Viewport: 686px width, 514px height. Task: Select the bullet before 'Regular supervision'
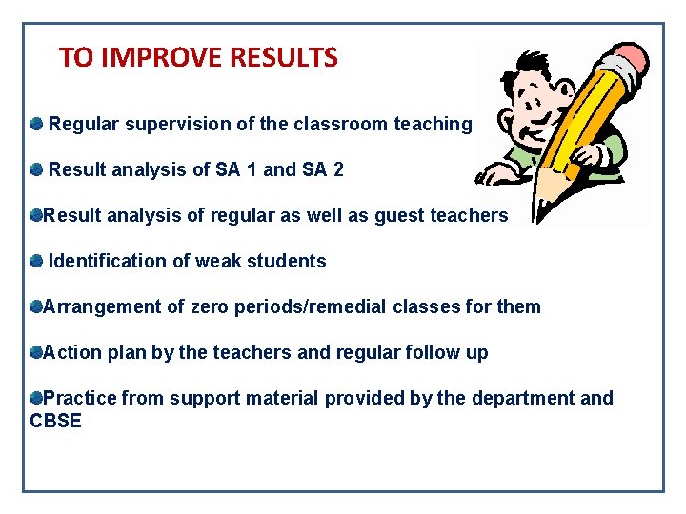pyautogui.click(x=36, y=124)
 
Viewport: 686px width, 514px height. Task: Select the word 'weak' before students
pyautogui.click(x=216, y=262)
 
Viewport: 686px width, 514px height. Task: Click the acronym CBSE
pyautogui.click(x=56, y=421)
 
